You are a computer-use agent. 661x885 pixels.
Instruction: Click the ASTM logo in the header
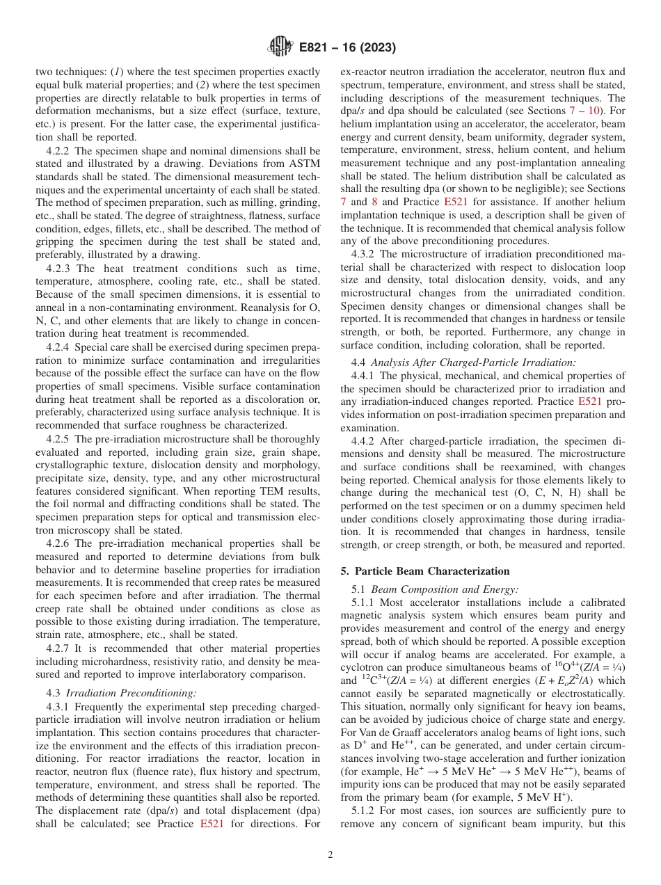tap(280, 48)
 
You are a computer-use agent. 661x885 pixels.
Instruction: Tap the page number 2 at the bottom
tap(330, 855)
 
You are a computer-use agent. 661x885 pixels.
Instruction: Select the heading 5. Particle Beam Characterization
tap(425, 571)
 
